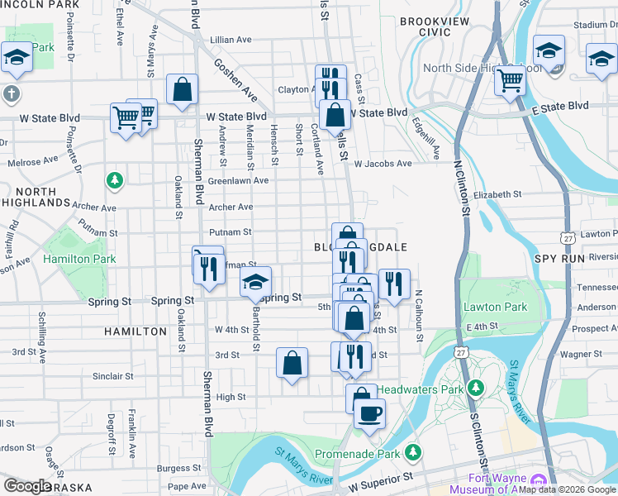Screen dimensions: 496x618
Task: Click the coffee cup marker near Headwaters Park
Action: point(369,413)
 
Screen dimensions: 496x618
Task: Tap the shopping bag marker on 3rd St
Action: point(292,362)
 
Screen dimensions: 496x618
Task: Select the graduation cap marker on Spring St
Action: point(256,281)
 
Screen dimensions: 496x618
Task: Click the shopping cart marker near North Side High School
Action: point(510,81)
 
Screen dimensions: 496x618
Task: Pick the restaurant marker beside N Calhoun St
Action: point(394,284)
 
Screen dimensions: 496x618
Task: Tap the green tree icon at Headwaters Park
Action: point(475,388)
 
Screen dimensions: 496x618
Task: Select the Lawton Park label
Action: point(495,307)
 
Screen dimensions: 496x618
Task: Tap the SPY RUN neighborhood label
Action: point(559,259)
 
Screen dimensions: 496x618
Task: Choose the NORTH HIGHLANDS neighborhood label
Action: point(36,196)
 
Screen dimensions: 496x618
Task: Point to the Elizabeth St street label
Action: point(497,194)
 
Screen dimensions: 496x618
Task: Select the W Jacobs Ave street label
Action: point(382,164)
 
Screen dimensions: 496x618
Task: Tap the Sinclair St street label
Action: point(112,376)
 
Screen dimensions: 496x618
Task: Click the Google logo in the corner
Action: point(28,486)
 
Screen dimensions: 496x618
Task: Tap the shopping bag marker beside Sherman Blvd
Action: point(182,90)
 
